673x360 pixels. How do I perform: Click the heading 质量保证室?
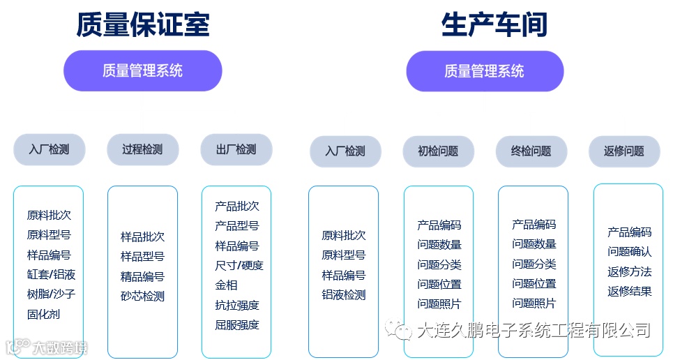[142, 24]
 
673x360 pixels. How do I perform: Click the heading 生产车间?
[494, 24]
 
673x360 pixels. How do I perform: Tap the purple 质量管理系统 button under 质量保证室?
[142, 70]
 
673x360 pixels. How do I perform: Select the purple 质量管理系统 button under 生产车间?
[485, 71]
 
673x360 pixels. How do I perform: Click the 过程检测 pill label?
[142, 149]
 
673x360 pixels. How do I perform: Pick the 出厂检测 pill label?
[236, 149]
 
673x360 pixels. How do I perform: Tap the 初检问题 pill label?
[438, 151]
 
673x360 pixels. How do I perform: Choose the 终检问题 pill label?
[531, 151]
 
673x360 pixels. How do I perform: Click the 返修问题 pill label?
[624, 151]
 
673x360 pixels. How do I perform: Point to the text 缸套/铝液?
[51, 274]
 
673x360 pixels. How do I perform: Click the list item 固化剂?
[43, 314]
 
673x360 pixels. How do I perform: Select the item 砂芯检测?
[142, 296]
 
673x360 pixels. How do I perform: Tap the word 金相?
[226, 285]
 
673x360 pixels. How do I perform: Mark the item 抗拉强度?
[236, 305]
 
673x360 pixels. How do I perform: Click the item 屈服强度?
[236, 324]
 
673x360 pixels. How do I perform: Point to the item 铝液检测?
[343, 294]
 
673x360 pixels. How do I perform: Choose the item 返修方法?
[629, 271]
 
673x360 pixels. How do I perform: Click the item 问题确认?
[629, 252]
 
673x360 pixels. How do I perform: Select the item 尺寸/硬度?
[239, 265]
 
